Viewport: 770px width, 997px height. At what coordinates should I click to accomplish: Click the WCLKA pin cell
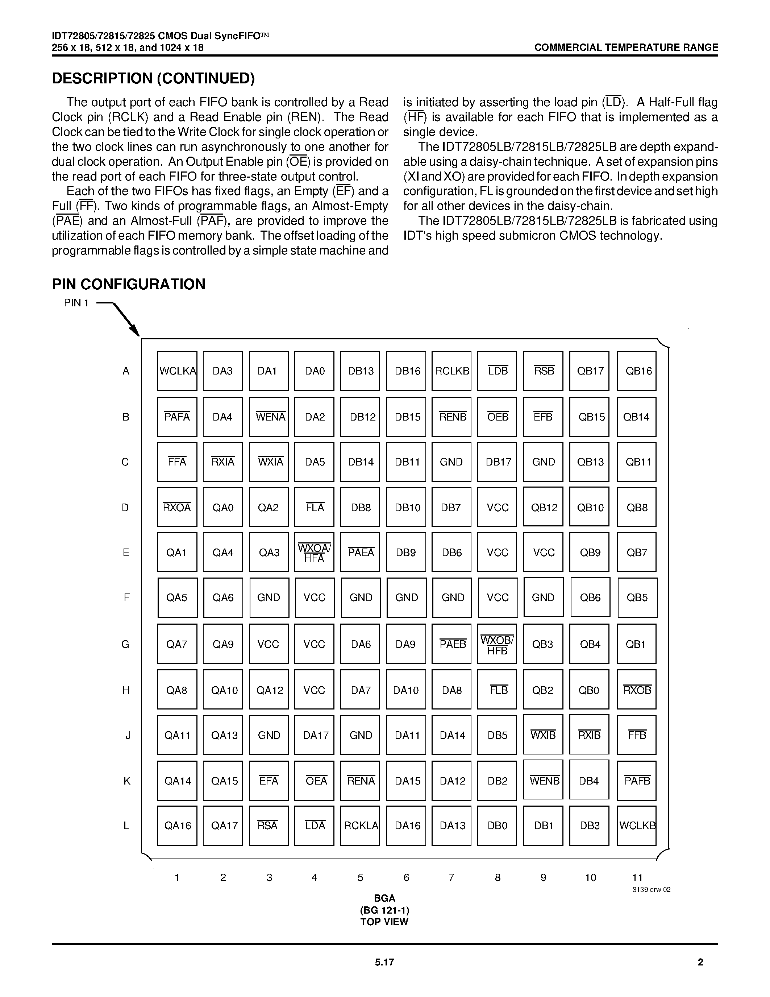tap(177, 371)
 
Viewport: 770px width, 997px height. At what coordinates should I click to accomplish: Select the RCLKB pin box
tap(451, 371)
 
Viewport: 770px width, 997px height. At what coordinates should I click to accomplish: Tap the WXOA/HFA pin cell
tap(314, 553)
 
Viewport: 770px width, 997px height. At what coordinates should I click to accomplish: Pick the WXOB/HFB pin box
tap(497, 644)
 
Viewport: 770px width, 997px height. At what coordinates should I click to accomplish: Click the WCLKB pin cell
tap(636, 826)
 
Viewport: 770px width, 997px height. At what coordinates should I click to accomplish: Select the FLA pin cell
tap(314, 507)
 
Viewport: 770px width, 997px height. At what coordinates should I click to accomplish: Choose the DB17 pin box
tap(497, 462)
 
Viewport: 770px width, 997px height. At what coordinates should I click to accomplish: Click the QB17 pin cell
tap(589, 371)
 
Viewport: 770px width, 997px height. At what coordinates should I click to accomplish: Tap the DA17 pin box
tap(314, 735)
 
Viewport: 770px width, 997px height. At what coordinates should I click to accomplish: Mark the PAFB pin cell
tap(636, 781)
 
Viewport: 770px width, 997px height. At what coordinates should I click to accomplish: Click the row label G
tap(125, 644)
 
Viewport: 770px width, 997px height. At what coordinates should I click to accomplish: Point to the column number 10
tap(590, 877)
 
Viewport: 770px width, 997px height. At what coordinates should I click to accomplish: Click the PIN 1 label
tap(76, 303)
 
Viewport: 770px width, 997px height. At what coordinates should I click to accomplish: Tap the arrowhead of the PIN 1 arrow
tap(136, 333)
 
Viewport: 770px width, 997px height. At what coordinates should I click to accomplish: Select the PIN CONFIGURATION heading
tap(129, 284)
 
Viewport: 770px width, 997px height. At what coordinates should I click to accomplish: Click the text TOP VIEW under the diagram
tap(384, 922)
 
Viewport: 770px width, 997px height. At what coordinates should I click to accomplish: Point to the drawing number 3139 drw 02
tap(651, 890)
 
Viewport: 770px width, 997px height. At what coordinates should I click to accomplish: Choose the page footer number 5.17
tap(384, 962)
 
